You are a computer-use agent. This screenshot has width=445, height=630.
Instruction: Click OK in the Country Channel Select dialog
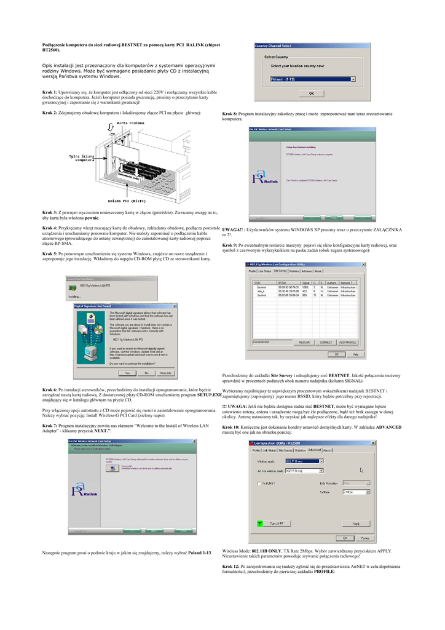click(x=311, y=94)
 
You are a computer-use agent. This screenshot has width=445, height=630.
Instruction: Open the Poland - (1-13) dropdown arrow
click(x=353, y=79)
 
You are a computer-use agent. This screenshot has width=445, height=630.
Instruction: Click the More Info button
click(x=165, y=373)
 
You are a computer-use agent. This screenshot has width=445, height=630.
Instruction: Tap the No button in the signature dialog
click(x=146, y=373)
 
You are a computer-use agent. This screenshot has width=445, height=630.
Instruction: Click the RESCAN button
click(x=304, y=342)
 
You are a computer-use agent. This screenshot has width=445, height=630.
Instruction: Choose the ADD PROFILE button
click(x=347, y=342)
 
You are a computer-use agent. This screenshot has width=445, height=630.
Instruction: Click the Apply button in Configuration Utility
click(x=355, y=524)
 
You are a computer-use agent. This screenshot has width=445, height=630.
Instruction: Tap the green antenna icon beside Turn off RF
click(x=260, y=524)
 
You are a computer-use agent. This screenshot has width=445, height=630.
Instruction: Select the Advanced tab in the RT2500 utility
click(x=314, y=450)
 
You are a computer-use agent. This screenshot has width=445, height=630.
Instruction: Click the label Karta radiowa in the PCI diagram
click(x=130, y=123)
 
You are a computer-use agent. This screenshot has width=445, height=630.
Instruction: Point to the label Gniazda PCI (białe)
click(x=127, y=201)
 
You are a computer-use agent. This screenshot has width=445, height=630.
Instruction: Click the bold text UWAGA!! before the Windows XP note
click(x=233, y=229)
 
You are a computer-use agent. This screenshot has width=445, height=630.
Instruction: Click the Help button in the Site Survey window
click(x=355, y=354)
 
